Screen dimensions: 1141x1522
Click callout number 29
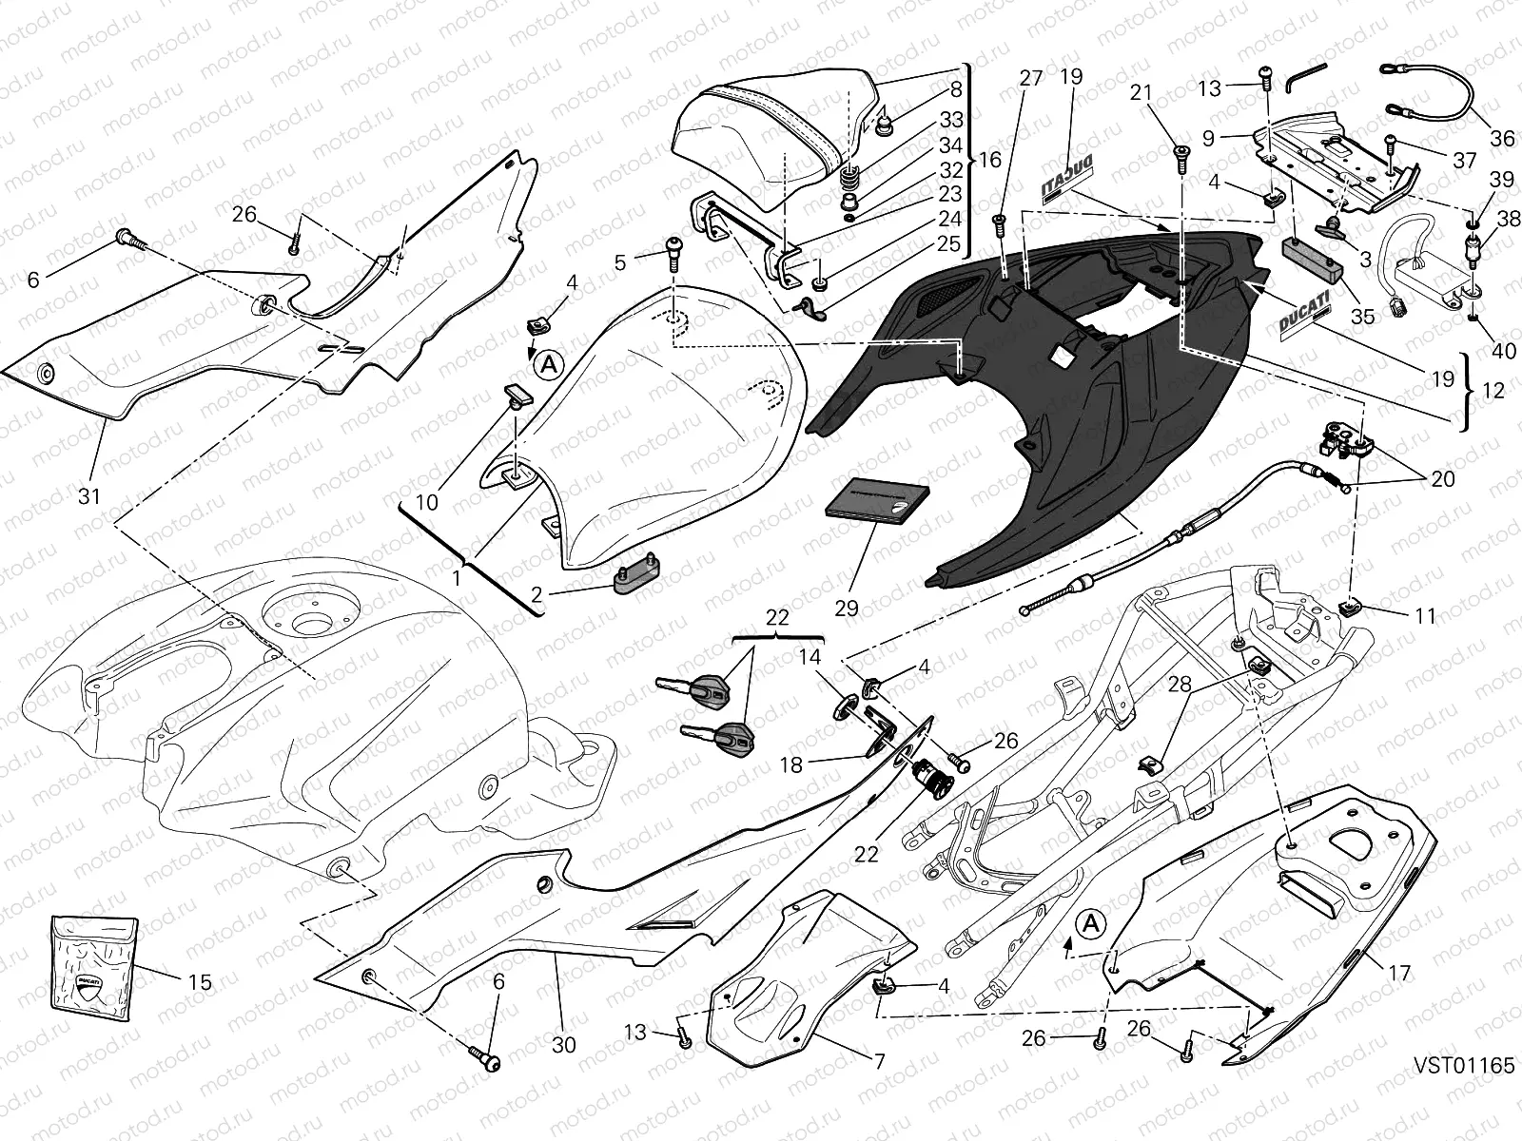846,609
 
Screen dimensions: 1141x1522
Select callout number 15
200,981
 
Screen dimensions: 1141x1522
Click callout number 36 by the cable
1501,139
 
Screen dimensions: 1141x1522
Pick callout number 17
1399,974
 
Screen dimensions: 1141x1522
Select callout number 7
879,1060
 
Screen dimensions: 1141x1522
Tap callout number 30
563,1045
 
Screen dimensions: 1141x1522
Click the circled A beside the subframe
1091,923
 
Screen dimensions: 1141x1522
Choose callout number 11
1424,616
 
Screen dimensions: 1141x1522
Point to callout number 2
537,595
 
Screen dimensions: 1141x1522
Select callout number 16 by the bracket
989,159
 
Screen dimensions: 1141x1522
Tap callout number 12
1493,390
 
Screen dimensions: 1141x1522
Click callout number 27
1031,79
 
